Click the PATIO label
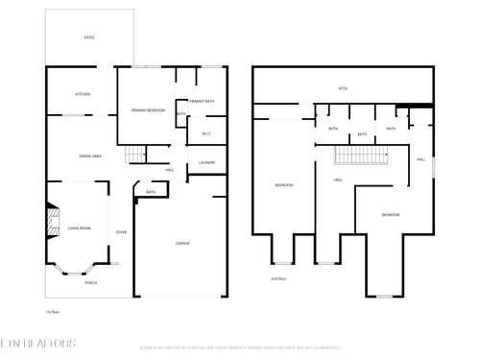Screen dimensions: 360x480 click(89, 37)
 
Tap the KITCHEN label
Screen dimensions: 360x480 click(84, 94)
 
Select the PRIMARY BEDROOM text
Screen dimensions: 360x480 click(147, 110)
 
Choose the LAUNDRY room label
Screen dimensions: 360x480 click(206, 162)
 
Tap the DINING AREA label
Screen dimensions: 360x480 click(91, 156)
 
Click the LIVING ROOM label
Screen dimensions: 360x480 click(79, 228)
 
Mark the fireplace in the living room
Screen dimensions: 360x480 click(51, 223)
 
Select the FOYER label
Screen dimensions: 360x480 click(122, 232)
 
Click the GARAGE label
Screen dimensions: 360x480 click(182, 243)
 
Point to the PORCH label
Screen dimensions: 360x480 click(90, 282)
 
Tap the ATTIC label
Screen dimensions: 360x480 click(343, 88)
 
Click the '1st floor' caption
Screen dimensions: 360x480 click(53, 312)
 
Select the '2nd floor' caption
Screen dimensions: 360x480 click(277, 279)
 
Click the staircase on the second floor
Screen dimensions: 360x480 click(359, 156)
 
